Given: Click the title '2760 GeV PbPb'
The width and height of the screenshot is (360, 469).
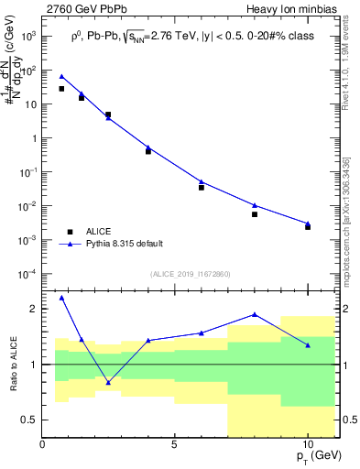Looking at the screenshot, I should (82, 9).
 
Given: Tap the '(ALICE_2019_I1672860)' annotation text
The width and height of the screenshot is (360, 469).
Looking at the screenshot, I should (191, 275).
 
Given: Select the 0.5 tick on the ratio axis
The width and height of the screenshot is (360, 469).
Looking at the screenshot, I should (29, 420).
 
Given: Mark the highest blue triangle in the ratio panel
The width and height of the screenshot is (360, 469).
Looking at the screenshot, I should (61, 298).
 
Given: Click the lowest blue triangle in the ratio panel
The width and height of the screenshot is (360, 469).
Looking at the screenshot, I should (108, 382).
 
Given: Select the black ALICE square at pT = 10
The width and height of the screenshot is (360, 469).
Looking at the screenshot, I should (308, 226).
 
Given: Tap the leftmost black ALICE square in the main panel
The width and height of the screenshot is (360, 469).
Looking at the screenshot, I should (61, 89).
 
